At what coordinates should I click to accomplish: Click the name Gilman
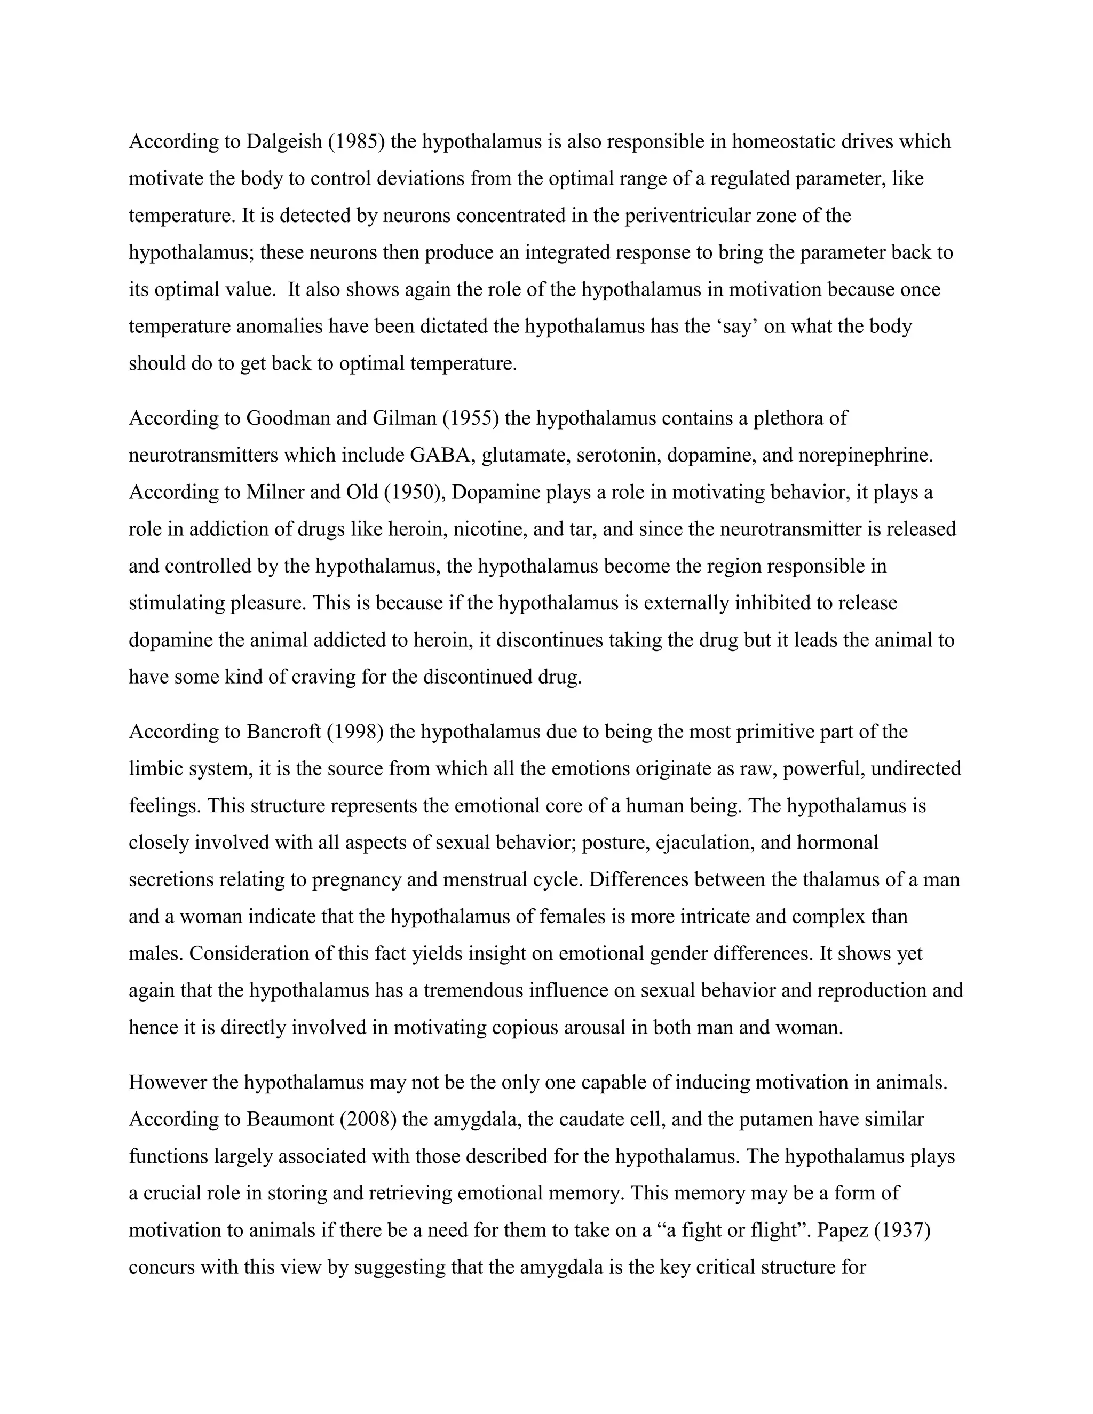click(404, 419)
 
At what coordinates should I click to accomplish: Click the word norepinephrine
click(865, 456)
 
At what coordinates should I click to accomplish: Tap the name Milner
click(276, 492)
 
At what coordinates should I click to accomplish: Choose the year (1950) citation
click(414, 492)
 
